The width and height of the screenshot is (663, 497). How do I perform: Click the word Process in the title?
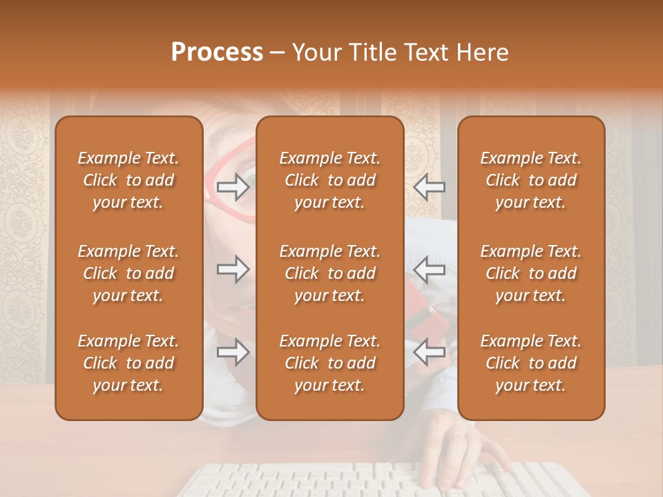click(217, 52)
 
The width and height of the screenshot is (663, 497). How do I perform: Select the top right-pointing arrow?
click(233, 186)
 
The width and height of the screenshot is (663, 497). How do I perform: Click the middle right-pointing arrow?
click(233, 269)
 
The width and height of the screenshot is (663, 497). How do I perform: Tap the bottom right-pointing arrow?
click(233, 353)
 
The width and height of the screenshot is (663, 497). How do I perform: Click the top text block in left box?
click(128, 180)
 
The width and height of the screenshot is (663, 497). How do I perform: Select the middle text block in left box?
click(128, 273)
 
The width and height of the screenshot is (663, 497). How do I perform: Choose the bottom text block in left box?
click(128, 363)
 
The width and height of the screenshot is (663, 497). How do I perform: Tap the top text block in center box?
click(329, 180)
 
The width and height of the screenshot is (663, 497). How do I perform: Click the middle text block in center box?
click(329, 273)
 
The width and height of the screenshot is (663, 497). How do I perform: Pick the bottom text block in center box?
click(329, 363)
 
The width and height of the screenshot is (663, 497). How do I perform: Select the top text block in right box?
click(530, 180)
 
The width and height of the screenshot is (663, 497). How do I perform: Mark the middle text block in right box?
click(530, 273)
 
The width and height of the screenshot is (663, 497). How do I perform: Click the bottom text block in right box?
click(530, 363)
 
